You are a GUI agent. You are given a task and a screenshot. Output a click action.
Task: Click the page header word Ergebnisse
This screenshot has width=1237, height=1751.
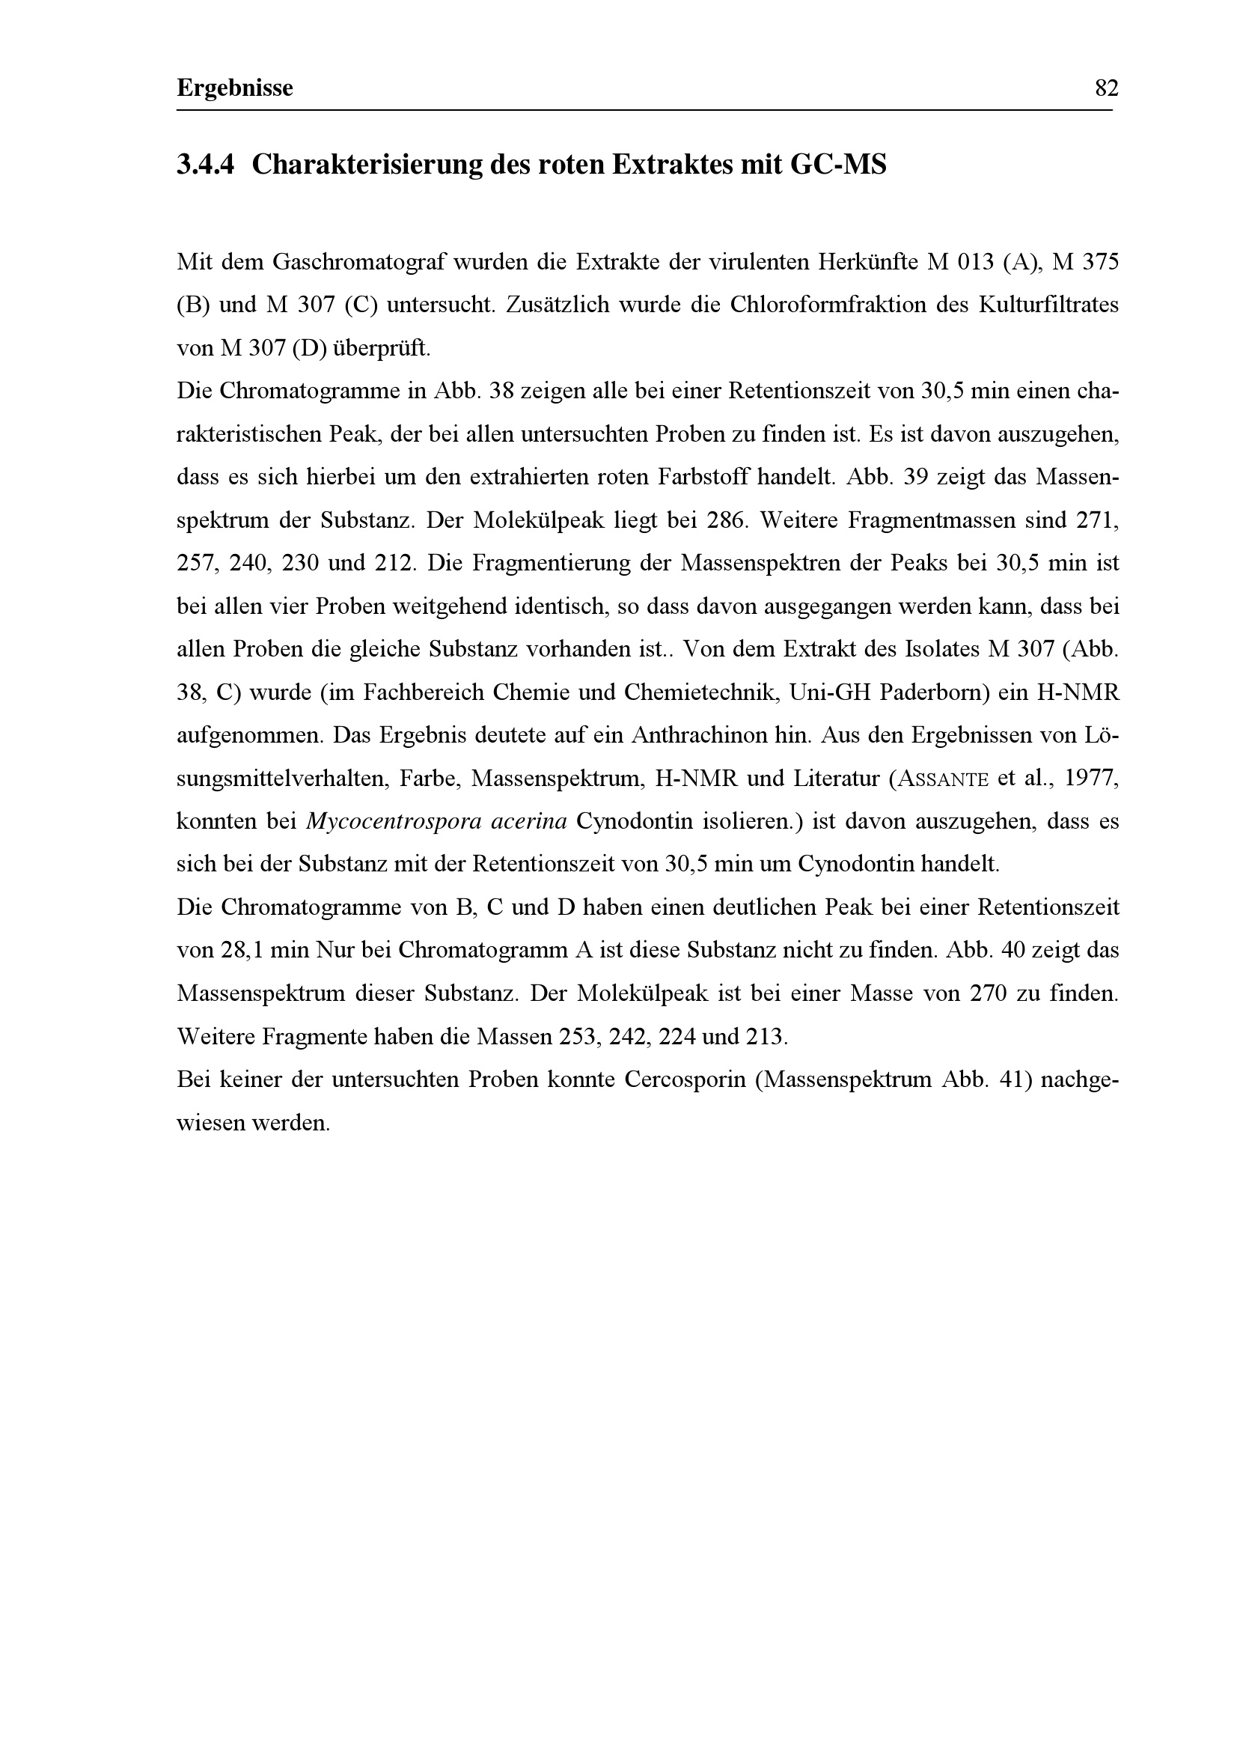coord(235,88)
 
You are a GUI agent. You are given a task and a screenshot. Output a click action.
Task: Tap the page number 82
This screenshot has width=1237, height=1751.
coord(1106,88)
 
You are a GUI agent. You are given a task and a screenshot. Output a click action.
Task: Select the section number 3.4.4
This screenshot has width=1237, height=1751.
coord(205,165)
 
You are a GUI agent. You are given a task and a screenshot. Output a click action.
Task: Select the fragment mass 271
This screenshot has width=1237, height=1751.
coord(1096,521)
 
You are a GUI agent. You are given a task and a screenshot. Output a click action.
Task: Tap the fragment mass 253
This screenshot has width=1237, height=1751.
coord(580,1037)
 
